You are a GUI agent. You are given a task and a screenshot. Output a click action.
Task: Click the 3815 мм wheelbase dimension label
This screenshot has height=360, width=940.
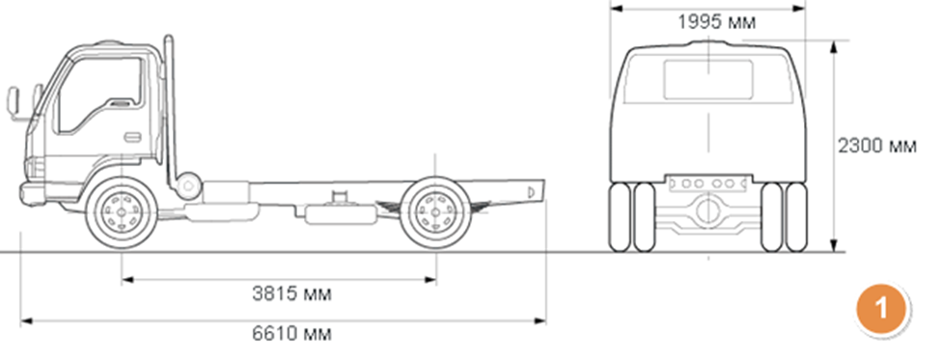(291, 294)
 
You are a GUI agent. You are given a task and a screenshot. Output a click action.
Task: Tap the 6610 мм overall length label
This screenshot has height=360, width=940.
(291, 334)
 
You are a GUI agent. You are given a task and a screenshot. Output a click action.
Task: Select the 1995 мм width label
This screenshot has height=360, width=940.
(716, 23)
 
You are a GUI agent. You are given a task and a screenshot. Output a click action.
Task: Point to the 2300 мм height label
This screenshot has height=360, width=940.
(876, 146)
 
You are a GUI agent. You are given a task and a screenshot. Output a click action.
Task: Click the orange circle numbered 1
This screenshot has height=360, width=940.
(881, 309)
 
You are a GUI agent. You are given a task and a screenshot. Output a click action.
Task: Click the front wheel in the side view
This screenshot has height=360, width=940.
(122, 211)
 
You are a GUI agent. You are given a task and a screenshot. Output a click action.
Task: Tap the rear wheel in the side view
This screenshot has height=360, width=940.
(436, 211)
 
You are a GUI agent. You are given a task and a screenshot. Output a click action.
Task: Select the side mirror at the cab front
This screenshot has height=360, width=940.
(14, 100)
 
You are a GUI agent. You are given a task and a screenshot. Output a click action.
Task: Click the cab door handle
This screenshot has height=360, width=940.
(132, 137)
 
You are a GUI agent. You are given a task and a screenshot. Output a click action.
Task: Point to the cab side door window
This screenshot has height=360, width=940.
(98, 95)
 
